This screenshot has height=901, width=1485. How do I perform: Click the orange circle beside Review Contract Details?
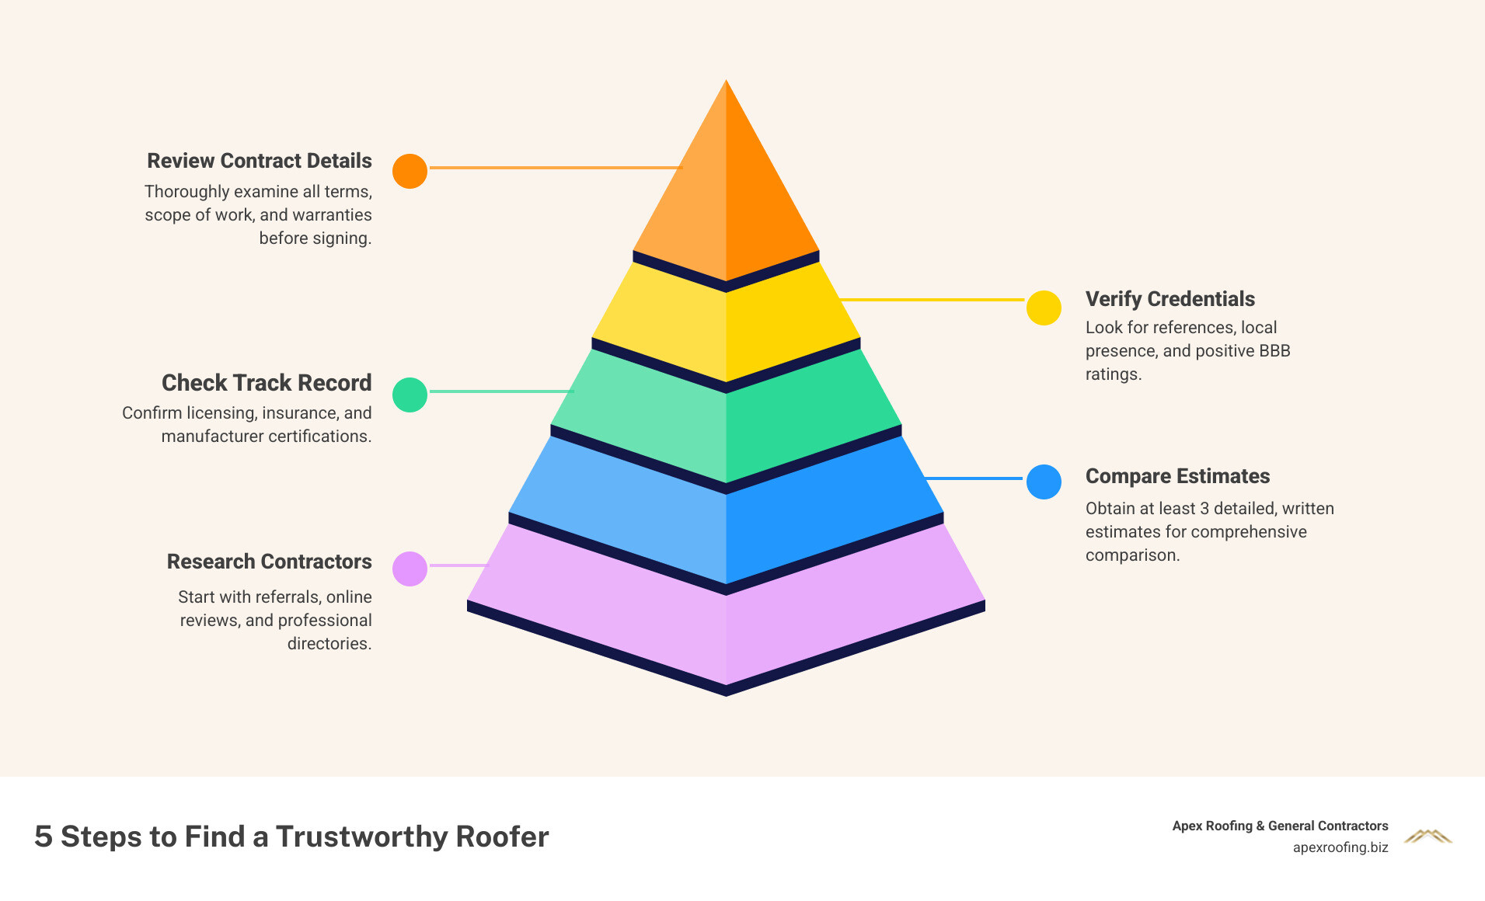[410, 171]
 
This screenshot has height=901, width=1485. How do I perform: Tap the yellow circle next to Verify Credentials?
[1044, 308]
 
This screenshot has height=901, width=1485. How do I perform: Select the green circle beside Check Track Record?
[410, 395]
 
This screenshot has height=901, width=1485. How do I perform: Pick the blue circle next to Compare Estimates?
[1044, 482]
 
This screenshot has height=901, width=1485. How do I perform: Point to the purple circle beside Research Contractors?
[410, 569]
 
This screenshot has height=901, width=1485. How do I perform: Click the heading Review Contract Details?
[260, 161]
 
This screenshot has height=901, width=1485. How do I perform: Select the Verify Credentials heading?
[1170, 299]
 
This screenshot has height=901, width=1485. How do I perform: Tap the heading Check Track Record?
[267, 383]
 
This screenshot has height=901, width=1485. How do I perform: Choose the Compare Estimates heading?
[1177, 476]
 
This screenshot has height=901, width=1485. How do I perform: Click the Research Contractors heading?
[269, 562]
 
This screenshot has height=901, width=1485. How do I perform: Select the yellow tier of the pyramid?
[726, 326]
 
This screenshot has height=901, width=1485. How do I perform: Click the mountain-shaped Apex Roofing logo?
[1427, 837]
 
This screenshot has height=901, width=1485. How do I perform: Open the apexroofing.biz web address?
[1340, 847]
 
